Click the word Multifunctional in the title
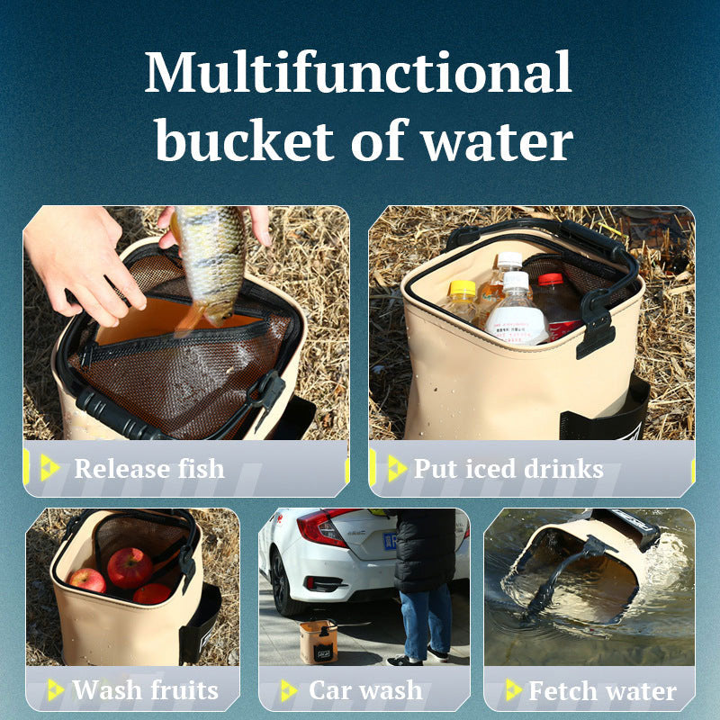[358, 74]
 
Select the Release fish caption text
[149, 469]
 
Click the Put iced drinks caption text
[508, 469]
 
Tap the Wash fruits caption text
[146, 691]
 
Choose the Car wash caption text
[365, 691]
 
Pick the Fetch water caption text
[602, 691]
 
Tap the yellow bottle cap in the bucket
[463, 288]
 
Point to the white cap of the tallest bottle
[510, 259]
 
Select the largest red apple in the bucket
[130, 567]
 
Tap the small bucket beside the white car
[319, 641]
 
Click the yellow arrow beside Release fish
[49, 468]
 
